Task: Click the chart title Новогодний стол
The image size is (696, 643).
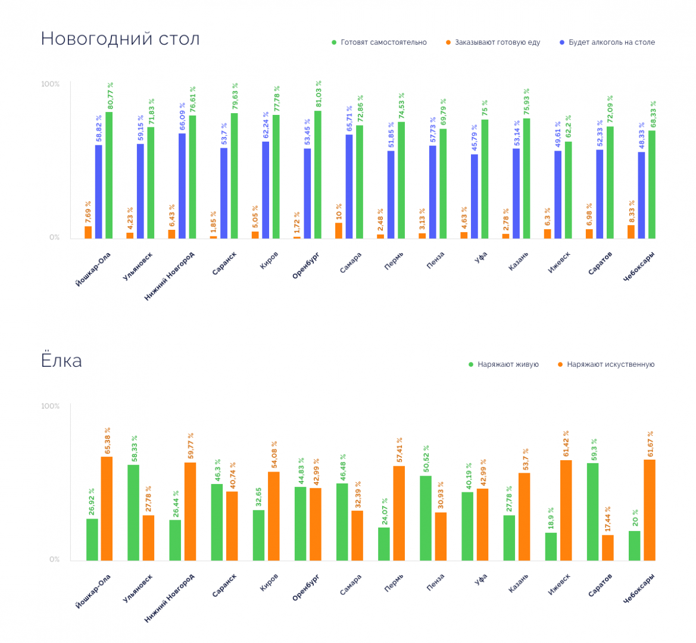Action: pyautogui.click(x=120, y=39)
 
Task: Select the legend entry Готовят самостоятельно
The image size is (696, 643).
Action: pyautogui.click(x=379, y=42)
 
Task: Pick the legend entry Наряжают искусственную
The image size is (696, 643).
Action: pyautogui.click(x=606, y=364)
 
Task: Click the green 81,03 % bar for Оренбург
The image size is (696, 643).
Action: pyautogui.click(x=318, y=175)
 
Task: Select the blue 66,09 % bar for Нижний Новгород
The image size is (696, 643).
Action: pyautogui.click(x=182, y=186)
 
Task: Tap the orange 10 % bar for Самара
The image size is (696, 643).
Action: pyautogui.click(x=339, y=231)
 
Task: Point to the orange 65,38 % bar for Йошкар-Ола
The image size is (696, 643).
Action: pyautogui.click(x=107, y=508)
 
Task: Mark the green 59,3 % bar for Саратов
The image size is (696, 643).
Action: pyautogui.click(x=592, y=511)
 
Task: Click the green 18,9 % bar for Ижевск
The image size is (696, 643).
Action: pyautogui.click(x=551, y=547)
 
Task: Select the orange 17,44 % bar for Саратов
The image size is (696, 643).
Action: pyautogui.click(x=608, y=548)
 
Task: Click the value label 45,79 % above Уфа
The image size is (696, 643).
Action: pyautogui.click(x=475, y=139)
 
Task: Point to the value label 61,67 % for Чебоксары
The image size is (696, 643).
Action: pyautogui.click(x=650, y=444)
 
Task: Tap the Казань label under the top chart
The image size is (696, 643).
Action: pyautogui.click(x=519, y=262)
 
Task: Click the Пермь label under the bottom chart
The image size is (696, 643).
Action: pyautogui.click(x=394, y=583)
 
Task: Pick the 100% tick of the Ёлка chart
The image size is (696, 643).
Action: pyautogui.click(x=50, y=406)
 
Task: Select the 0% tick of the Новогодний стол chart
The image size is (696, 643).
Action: pyautogui.click(x=54, y=237)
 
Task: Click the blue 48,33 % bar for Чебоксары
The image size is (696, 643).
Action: pyautogui.click(x=641, y=195)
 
